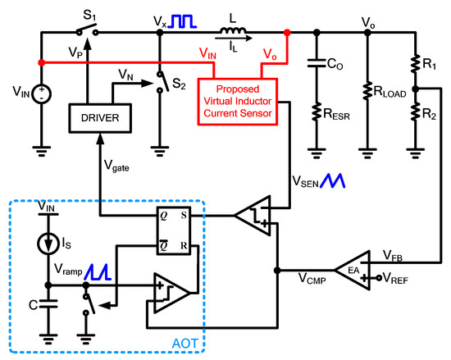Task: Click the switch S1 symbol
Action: (86, 32)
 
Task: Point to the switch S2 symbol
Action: (160, 80)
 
